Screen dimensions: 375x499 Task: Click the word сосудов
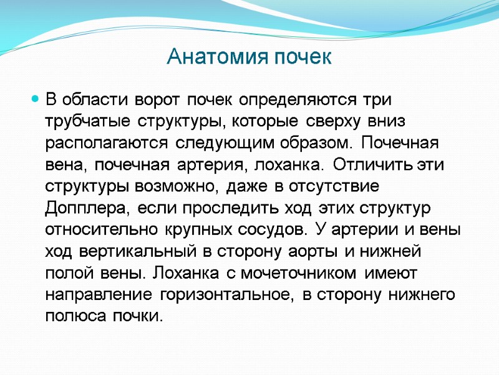(x=274, y=229)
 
